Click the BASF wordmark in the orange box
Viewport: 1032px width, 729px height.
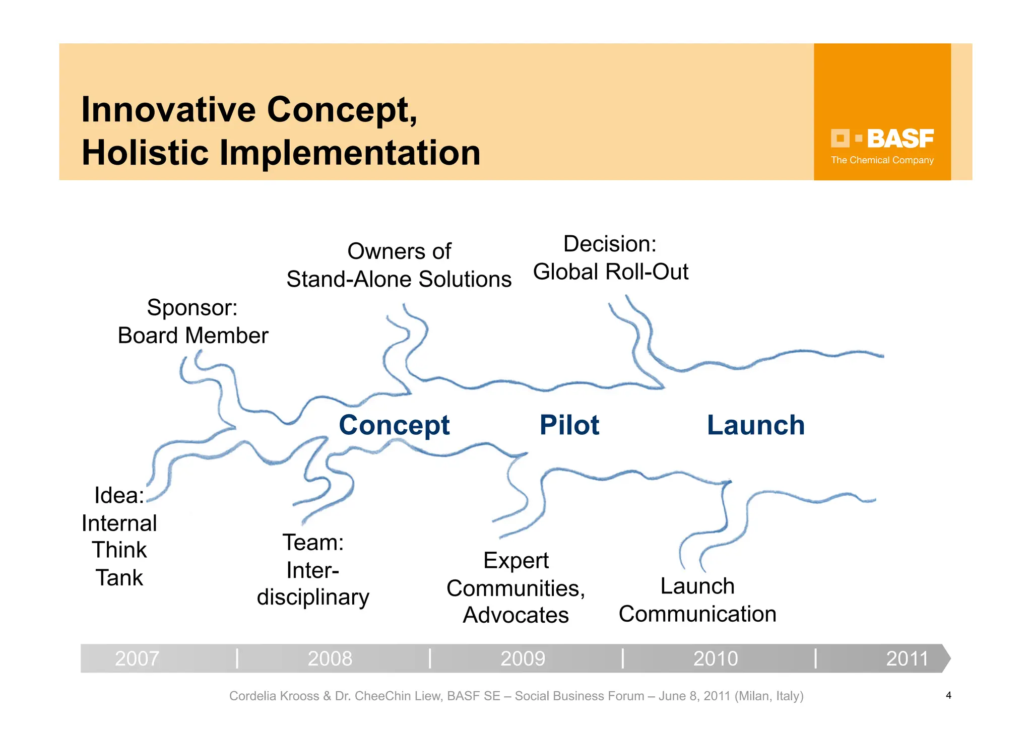tap(900, 139)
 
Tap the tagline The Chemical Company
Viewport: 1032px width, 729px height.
tap(882, 160)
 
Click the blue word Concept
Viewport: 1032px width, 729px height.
tap(394, 426)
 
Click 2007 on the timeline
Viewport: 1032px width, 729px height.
tap(137, 658)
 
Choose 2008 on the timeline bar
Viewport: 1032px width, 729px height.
tap(330, 658)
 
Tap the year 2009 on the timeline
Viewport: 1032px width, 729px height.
tap(523, 658)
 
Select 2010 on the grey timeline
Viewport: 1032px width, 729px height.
tap(716, 658)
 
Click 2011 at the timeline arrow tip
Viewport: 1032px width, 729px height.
tap(907, 658)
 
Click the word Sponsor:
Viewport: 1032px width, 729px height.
tap(192, 308)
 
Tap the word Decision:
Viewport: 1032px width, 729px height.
tap(610, 244)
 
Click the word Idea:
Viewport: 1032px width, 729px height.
tap(119, 495)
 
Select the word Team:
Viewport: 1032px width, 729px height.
tap(313, 543)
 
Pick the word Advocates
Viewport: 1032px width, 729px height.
tap(515, 615)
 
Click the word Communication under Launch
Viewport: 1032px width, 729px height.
tap(697, 614)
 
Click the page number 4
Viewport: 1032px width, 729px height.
tap(948, 695)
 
